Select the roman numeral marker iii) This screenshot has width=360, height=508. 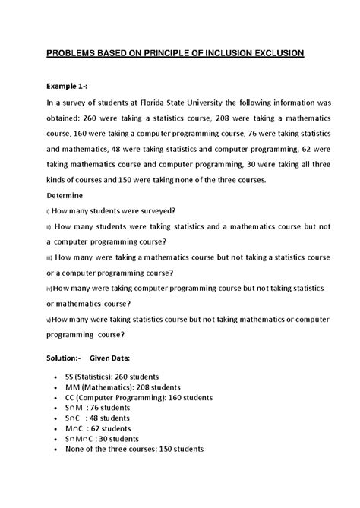coord(49,258)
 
